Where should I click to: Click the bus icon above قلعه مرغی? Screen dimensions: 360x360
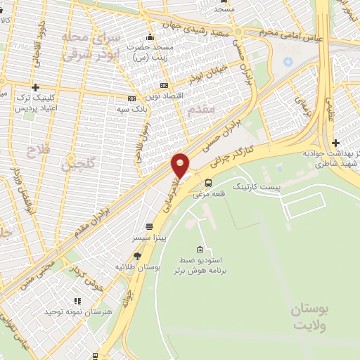pos(207,183)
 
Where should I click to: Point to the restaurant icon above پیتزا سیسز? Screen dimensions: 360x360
pos(149,226)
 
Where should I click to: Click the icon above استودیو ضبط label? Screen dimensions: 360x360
pos(201,250)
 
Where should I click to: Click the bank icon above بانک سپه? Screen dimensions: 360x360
pos(131,99)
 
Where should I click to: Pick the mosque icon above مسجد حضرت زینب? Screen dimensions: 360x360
pos(149,38)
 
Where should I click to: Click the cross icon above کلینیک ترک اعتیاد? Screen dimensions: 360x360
pos(34,86)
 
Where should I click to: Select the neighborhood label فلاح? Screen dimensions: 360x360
pos(33,151)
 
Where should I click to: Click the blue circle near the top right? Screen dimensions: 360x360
pos(287,62)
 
